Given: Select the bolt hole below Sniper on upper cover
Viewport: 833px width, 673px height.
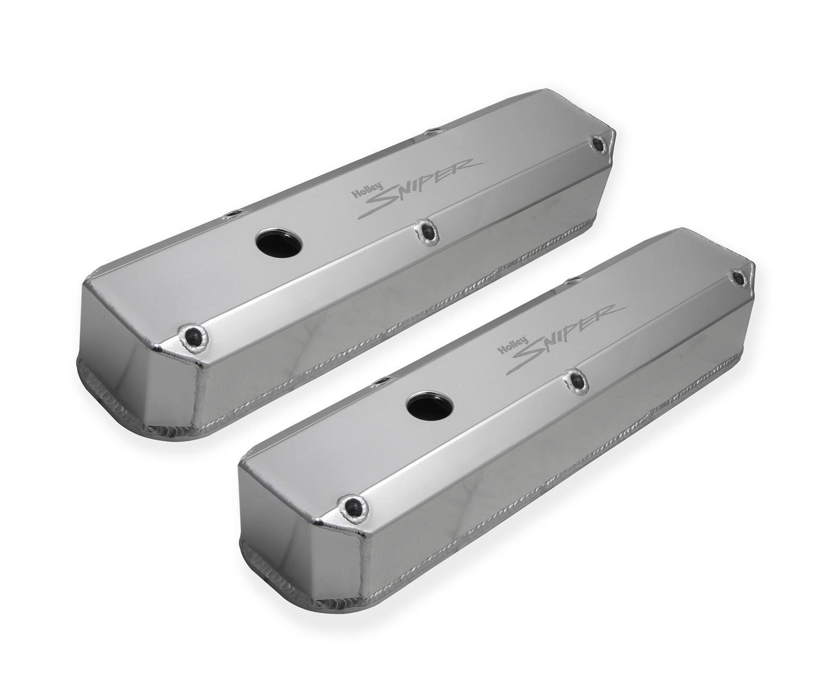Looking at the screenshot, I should (426, 231).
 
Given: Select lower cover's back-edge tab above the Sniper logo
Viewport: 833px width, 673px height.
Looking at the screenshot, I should (571, 281).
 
